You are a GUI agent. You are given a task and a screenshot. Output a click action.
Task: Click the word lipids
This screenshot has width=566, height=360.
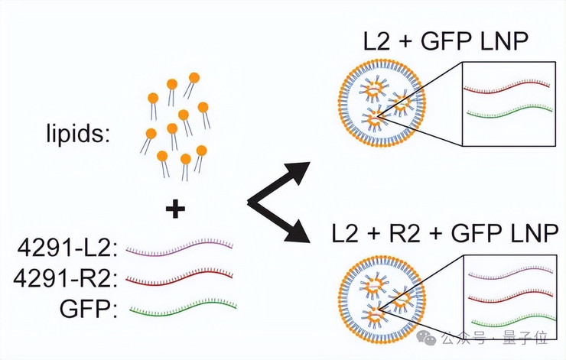click(77, 135)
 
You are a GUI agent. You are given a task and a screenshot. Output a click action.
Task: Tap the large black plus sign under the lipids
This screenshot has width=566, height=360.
click(175, 209)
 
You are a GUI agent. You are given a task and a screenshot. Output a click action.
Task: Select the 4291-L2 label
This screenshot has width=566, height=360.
click(68, 248)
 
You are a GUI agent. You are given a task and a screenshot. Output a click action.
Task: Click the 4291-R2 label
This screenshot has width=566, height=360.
click(66, 278)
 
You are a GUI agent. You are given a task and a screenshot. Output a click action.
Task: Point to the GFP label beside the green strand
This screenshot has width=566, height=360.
click(89, 309)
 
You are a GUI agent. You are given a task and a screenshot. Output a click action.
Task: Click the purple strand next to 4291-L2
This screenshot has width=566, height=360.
click(180, 248)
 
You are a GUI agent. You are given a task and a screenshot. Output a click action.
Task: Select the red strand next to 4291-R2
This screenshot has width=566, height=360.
click(180, 277)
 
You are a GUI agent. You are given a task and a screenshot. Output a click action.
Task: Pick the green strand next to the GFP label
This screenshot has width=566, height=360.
click(183, 309)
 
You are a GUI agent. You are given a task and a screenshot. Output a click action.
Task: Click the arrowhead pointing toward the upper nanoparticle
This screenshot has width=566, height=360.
click(299, 172)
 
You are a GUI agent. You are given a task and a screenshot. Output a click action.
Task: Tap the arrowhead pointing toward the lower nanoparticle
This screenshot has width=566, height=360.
click(299, 232)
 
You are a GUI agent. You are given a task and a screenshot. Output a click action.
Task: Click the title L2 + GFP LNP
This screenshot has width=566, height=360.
click(446, 41)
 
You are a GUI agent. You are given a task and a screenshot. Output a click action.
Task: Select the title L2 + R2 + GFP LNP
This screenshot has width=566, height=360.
click(445, 232)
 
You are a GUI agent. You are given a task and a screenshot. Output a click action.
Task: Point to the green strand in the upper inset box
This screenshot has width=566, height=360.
click(509, 112)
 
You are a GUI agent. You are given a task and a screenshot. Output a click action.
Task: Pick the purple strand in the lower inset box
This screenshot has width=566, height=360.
click(511, 274)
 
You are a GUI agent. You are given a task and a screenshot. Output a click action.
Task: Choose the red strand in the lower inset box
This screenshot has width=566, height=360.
click(511, 297)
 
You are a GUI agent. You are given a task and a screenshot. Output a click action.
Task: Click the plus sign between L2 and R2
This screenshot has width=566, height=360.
click(374, 233)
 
